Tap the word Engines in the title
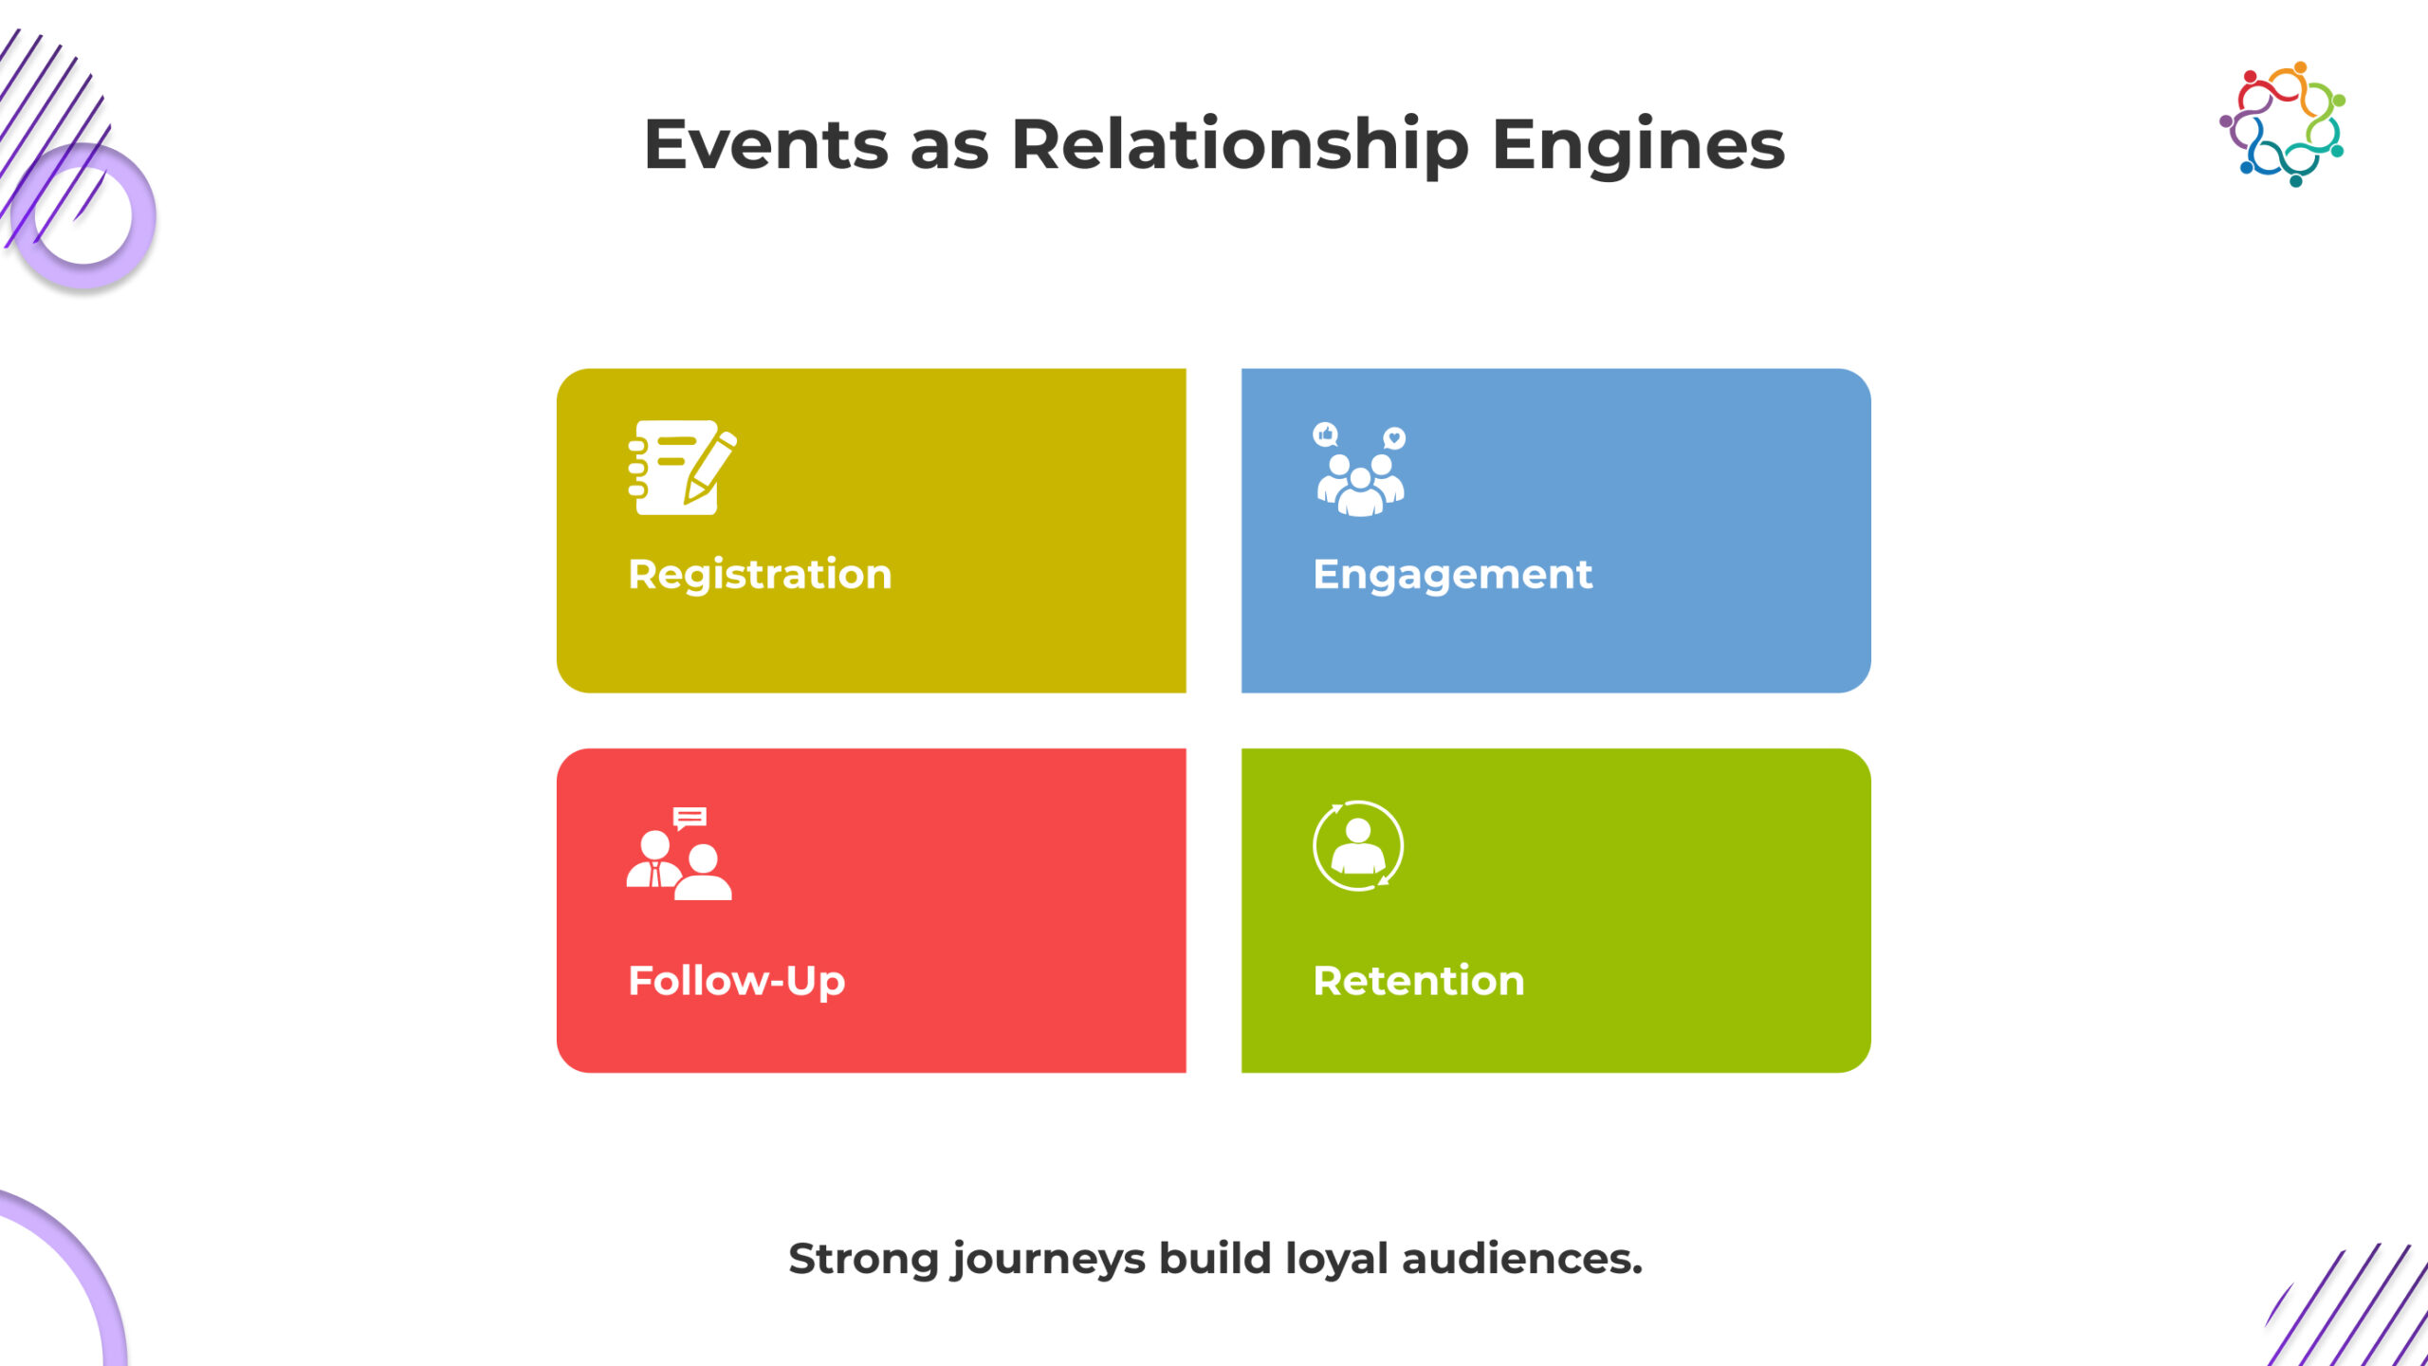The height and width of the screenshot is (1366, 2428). coord(1638,145)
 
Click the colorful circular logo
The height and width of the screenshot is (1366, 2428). coord(2282,124)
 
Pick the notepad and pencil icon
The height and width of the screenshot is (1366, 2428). coord(682,468)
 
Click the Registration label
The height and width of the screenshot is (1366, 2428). coord(760,574)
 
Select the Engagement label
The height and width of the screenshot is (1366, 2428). coord(1452,574)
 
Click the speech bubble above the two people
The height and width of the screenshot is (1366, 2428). coord(690,817)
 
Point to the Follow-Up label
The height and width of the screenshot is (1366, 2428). coord(736,980)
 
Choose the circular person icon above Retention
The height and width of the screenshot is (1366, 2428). coord(1358,846)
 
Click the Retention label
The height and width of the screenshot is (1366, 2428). coord(1418,980)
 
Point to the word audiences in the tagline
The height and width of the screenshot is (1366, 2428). coord(1521,1259)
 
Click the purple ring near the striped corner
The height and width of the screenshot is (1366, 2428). coord(83,216)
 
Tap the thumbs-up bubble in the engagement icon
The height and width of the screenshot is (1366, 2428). coord(1326,434)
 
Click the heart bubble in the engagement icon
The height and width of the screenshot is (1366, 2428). coord(1394,437)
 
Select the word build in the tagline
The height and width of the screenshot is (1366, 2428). coord(1215,1259)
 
